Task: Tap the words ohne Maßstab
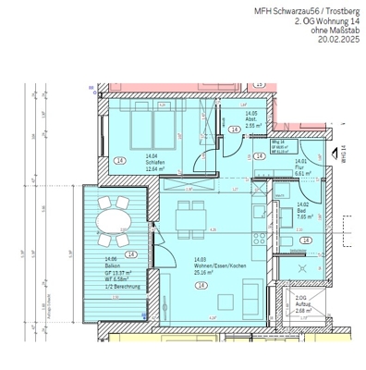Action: [329, 31]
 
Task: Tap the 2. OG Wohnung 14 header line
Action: [322, 20]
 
